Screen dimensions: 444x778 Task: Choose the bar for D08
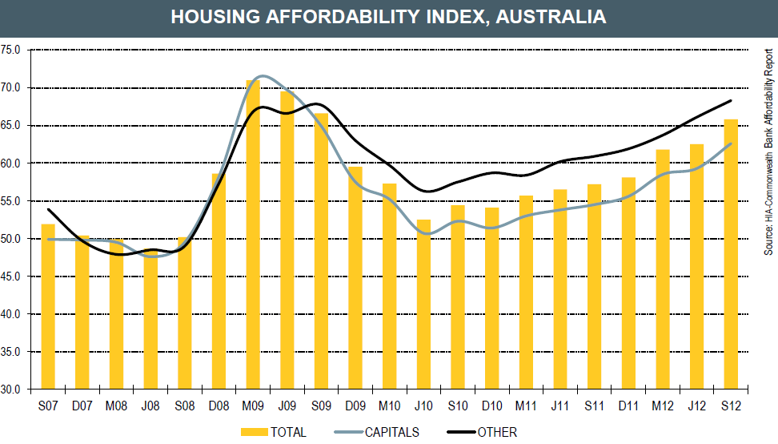[x=219, y=281]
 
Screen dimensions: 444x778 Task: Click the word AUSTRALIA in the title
[x=552, y=17]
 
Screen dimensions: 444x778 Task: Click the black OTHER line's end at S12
[x=732, y=101]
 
